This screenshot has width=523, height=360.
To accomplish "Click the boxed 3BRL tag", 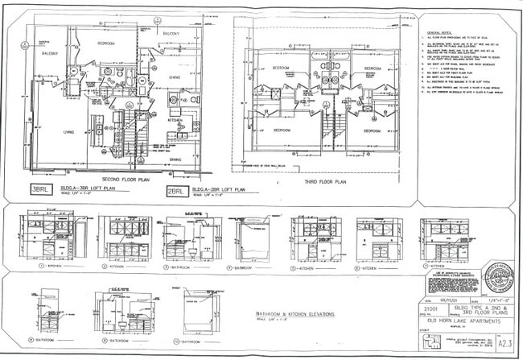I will point(39,190).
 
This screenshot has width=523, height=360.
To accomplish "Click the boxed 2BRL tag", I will point(176,191).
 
